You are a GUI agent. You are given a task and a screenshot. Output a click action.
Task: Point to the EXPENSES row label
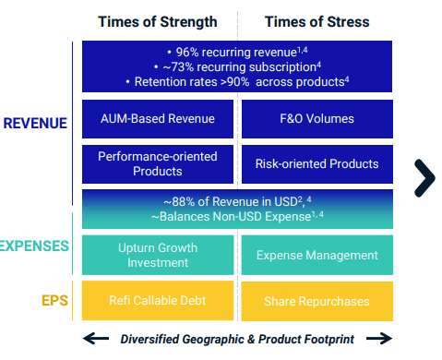pyautogui.click(x=33, y=246)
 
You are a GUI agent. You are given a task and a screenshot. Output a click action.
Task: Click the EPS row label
pyautogui.click(x=54, y=301)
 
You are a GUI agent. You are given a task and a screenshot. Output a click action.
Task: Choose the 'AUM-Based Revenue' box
pyautogui.click(x=158, y=118)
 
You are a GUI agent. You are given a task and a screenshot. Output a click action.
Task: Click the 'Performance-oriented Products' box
pyautogui.click(x=158, y=163)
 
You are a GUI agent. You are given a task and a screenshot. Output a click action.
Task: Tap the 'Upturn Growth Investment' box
pyautogui.click(x=158, y=255)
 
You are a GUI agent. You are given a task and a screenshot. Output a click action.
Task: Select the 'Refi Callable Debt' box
pyautogui.click(x=158, y=301)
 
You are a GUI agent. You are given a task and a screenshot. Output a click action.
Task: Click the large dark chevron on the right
pyautogui.click(x=424, y=177)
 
